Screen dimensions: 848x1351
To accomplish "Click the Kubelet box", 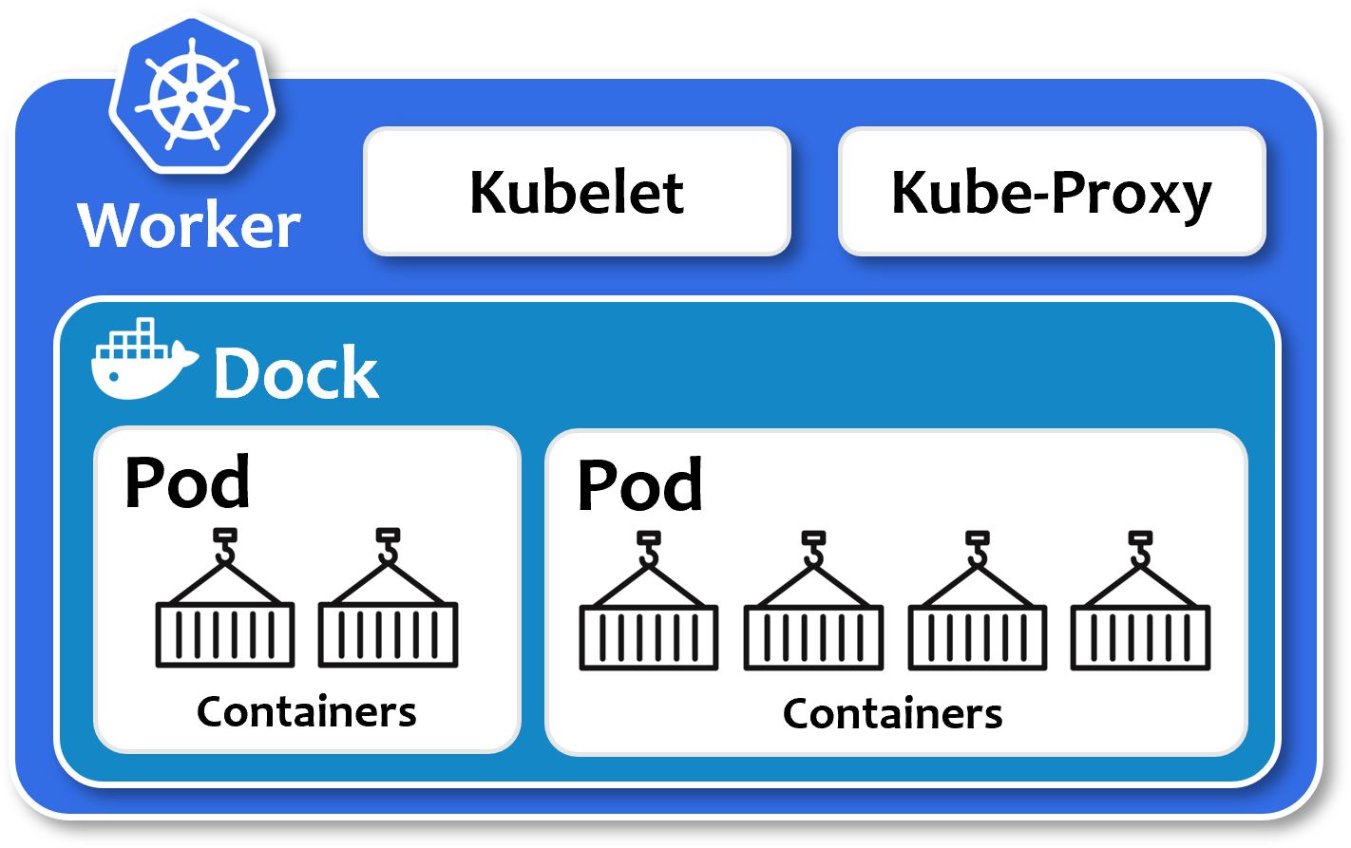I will click(x=577, y=192).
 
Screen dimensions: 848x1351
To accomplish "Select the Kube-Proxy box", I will click(x=1051, y=192).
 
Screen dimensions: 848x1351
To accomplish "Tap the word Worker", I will click(x=189, y=225).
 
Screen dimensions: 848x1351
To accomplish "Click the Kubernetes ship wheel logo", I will click(x=191, y=95).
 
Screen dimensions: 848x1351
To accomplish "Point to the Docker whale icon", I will click(x=143, y=364).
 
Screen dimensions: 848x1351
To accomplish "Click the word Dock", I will click(x=296, y=373).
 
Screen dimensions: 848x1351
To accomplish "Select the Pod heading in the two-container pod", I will click(x=187, y=482).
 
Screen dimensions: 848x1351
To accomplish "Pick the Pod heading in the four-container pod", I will click(x=640, y=485).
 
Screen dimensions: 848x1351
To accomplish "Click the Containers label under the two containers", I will click(x=306, y=711).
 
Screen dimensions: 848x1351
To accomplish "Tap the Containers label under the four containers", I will click(x=892, y=714).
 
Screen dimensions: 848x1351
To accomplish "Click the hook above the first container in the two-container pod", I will click(x=224, y=545).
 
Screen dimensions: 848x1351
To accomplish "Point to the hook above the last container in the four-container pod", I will click(x=1140, y=549).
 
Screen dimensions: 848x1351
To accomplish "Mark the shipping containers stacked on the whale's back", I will click(x=136, y=337).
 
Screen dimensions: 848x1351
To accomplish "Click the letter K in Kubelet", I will click(x=487, y=193).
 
